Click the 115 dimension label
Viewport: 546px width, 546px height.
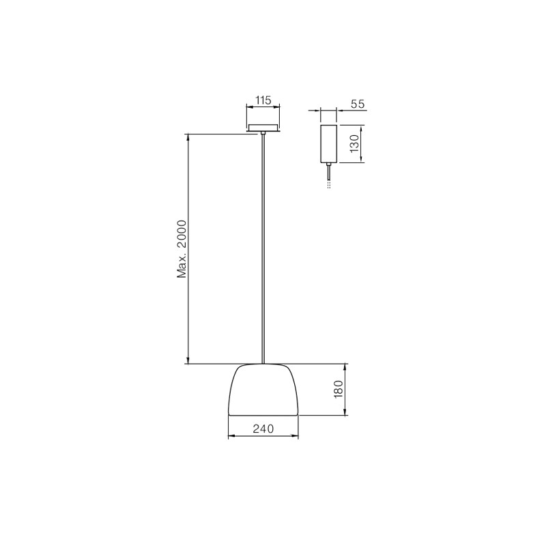263,100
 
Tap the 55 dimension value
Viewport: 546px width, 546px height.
357,104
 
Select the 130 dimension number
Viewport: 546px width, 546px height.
354,143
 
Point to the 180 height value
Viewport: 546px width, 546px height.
339,389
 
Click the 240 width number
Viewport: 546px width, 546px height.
263,429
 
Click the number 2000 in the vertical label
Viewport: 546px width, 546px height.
182,233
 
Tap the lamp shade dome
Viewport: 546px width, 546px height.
263,389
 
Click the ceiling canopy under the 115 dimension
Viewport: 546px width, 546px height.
263,128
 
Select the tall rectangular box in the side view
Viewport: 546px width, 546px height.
328,143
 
